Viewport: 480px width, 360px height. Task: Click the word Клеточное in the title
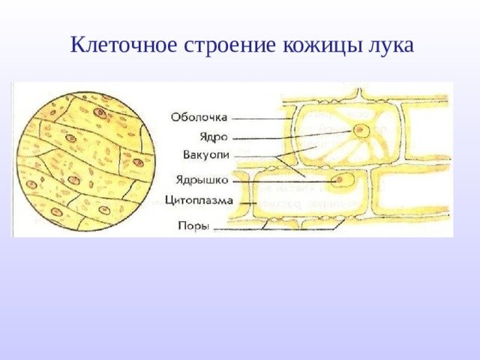[x=124, y=45]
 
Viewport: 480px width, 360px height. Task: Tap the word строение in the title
[x=230, y=46]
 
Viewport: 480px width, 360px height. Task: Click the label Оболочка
[x=199, y=117]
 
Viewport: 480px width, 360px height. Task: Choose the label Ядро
[x=214, y=136]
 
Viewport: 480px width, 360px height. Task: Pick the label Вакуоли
[x=206, y=155]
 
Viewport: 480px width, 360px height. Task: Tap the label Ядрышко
[x=202, y=180]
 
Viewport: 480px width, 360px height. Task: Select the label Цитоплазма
[x=199, y=201]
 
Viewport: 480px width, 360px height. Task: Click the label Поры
[x=193, y=226]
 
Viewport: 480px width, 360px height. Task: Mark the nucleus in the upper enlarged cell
[x=360, y=130]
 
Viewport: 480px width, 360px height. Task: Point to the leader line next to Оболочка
[x=262, y=118]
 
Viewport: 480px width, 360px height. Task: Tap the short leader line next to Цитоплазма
[x=248, y=203]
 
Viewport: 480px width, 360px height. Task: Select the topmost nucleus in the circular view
[x=100, y=113]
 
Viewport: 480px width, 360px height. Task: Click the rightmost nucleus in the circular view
[x=138, y=163]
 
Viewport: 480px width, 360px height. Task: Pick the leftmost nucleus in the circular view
[x=31, y=184]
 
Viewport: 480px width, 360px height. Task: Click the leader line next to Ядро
[x=292, y=135]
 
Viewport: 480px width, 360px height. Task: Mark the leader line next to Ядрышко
[x=286, y=181]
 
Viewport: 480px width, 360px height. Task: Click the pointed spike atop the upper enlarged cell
[x=360, y=93]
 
